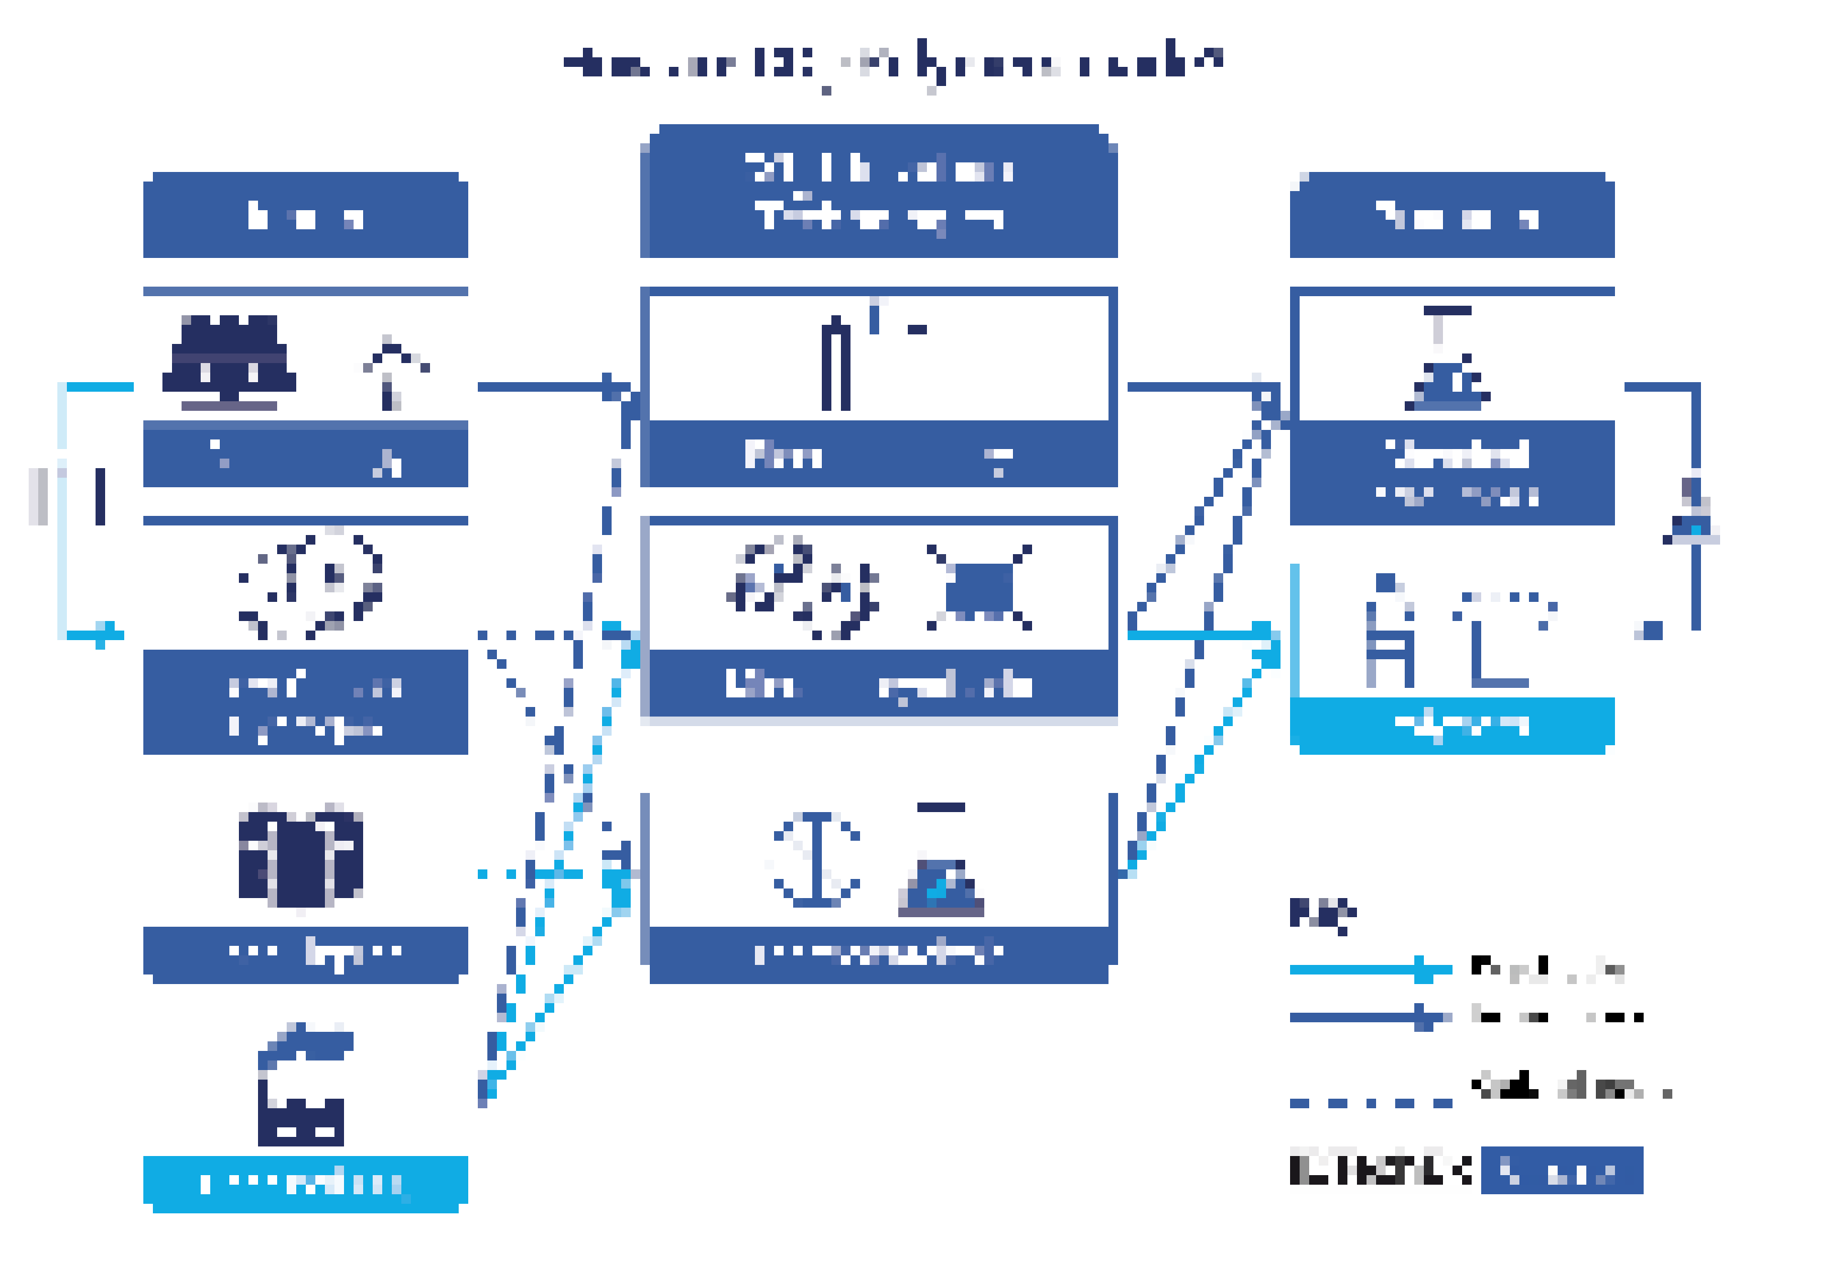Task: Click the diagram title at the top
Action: click(893, 64)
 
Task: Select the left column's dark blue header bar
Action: click(306, 216)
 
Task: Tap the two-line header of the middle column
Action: click(879, 192)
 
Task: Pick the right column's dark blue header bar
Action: click(1451, 216)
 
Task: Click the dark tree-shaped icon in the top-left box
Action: click(229, 362)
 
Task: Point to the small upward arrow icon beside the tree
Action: click(390, 373)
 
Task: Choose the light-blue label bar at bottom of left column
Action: click(306, 1183)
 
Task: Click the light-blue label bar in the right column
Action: click(1451, 724)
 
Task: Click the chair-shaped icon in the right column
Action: click(1389, 632)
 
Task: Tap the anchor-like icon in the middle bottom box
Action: click(816, 859)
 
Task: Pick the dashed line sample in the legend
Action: click(1370, 1103)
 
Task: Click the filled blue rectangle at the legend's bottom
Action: click(1561, 1170)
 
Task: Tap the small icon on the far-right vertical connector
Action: click(1693, 521)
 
